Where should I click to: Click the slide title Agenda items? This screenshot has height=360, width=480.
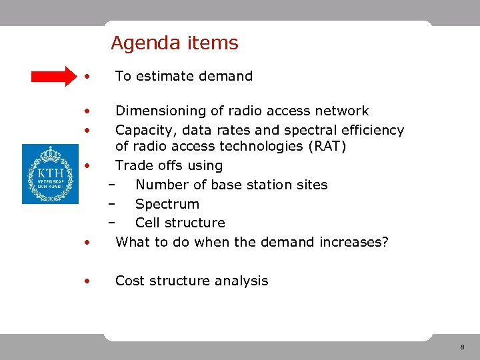click(174, 43)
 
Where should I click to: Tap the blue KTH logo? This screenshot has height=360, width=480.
click(50, 174)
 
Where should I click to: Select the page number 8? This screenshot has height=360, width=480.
click(461, 348)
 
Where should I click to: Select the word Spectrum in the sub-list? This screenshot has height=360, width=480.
click(167, 204)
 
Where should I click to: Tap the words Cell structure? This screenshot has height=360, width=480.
click(180, 223)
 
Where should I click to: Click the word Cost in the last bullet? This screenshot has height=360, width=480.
click(129, 281)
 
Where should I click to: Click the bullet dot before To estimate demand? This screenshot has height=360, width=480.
click(86, 77)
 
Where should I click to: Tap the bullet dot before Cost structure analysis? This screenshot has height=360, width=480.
click(86, 281)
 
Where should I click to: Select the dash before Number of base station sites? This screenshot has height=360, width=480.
click(111, 185)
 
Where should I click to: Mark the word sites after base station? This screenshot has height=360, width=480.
click(312, 185)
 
